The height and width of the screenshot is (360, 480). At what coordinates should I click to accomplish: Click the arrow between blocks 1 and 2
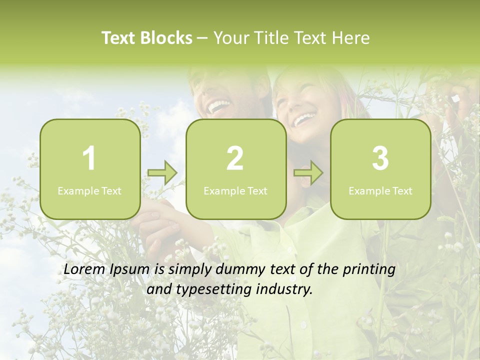(162, 173)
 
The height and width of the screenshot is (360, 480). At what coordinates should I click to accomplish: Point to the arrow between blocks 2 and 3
(308, 173)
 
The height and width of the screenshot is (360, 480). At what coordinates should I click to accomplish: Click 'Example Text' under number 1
(89, 190)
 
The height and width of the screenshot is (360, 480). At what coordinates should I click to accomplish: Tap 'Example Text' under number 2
(235, 190)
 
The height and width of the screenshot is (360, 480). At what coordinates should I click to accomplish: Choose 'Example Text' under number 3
(380, 190)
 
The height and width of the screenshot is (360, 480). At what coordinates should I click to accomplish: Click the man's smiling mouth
(219, 105)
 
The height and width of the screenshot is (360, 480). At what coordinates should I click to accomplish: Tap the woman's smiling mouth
(304, 118)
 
